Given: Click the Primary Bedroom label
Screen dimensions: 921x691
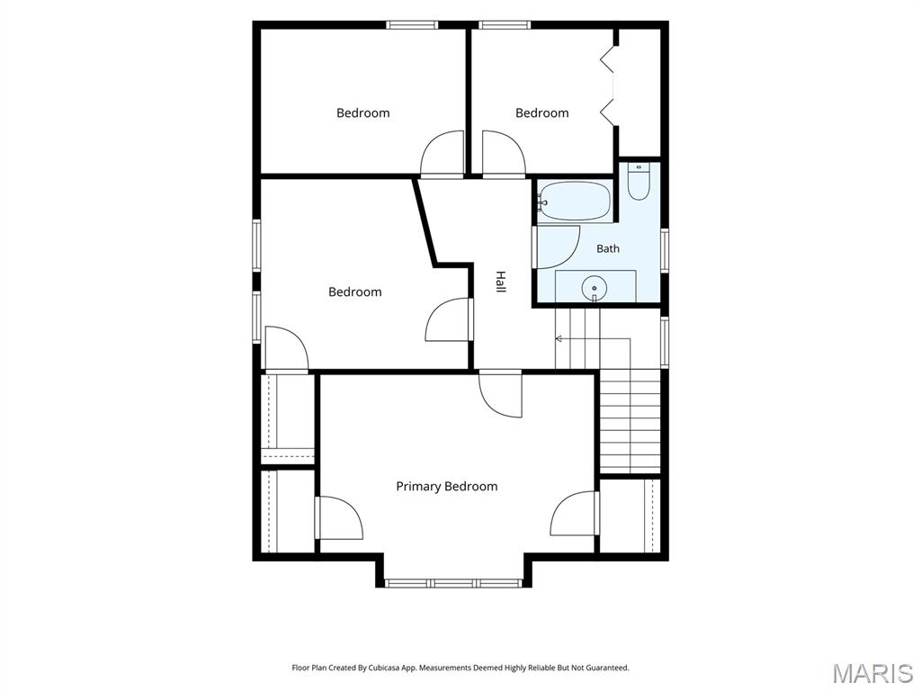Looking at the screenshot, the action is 446,487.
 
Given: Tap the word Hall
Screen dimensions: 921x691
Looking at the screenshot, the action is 500,282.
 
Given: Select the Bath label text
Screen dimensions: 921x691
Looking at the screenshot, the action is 608,248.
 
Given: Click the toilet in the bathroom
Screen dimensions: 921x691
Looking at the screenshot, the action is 638,182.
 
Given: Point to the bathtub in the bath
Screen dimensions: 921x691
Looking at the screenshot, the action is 575,201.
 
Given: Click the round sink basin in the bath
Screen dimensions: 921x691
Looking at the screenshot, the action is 595,289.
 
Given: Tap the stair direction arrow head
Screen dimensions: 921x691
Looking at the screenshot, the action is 559,338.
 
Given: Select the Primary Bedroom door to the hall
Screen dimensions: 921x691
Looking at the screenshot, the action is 500,394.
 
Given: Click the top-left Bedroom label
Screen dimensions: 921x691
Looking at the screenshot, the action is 363,112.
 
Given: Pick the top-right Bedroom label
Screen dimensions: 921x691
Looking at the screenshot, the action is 542,112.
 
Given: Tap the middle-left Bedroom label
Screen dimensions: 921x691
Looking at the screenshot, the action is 354,292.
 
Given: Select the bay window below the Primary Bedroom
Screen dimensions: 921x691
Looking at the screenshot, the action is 453,583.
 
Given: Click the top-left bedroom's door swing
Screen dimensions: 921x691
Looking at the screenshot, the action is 443,153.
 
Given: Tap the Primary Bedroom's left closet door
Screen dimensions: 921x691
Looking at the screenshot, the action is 340,517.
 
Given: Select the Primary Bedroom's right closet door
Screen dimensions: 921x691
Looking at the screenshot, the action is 574,513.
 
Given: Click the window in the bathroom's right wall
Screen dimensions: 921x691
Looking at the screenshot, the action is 665,250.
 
